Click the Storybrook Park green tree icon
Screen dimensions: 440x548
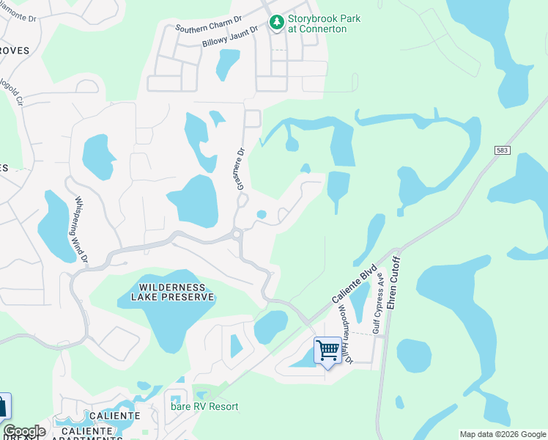[276, 23]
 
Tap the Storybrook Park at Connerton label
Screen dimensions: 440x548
[323, 23]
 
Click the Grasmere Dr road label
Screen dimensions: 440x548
[240, 169]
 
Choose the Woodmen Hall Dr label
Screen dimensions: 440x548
[344, 333]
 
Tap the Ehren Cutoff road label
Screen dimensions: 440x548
[393, 282]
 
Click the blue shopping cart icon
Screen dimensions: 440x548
[327, 350]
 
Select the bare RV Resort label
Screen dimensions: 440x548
[204, 406]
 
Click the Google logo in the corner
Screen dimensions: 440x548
[24, 430]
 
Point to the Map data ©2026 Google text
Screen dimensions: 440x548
[503, 434]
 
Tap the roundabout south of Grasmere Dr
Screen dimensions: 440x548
[237, 235]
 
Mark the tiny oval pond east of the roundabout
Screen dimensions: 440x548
[262, 215]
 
